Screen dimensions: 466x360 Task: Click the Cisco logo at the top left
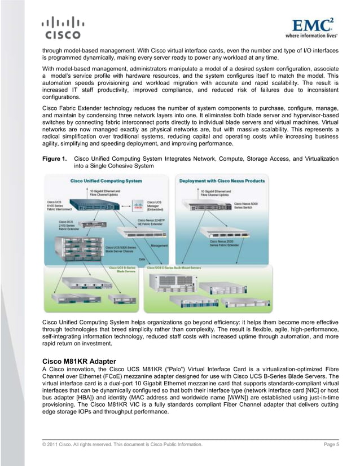62,28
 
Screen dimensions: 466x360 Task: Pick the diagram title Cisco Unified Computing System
106,181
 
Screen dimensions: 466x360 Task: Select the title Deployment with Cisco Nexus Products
222,181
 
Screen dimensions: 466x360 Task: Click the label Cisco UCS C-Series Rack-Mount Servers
174,267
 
